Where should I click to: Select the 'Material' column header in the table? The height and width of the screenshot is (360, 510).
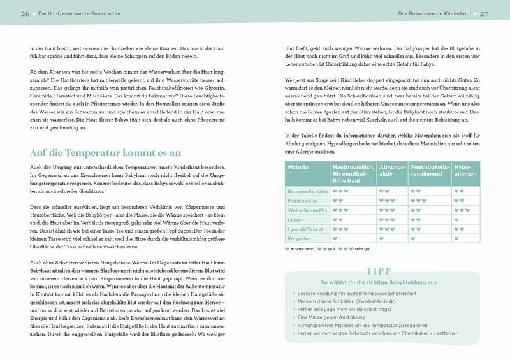click(x=299, y=167)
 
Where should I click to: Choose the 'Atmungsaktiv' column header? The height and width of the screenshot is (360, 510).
click(x=391, y=170)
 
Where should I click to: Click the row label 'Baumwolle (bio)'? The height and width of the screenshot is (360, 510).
click(x=308, y=191)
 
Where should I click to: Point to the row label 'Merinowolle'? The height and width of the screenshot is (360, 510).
click(x=303, y=200)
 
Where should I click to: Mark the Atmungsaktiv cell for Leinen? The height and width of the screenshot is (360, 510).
click(x=384, y=219)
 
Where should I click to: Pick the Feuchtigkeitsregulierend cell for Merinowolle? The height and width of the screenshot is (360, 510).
click(x=418, y=200)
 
